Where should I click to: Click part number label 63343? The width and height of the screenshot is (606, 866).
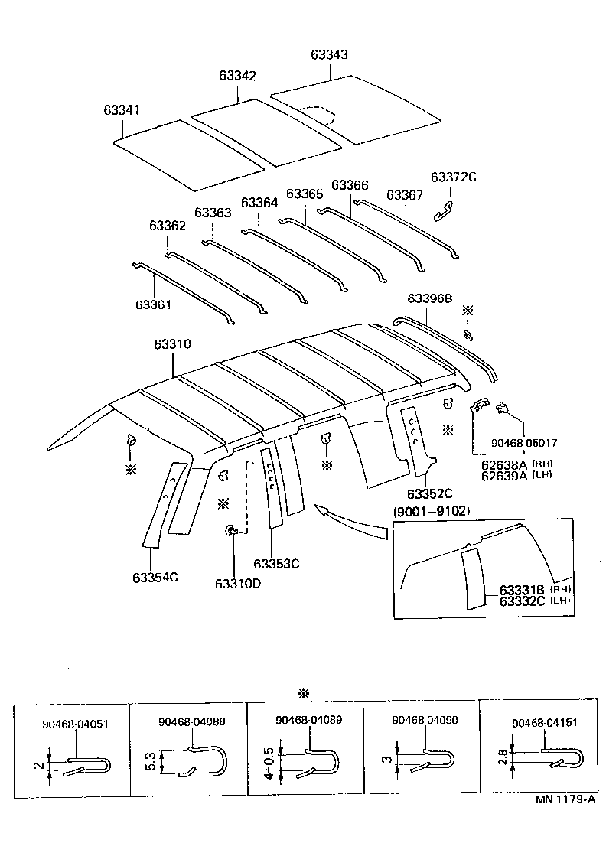point(329,55)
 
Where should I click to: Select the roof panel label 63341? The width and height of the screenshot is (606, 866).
point(122,110)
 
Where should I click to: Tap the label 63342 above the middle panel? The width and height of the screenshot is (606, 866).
point(237,76)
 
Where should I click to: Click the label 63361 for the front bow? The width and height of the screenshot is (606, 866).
point(154,304)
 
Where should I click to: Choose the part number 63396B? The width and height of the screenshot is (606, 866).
point(430,298)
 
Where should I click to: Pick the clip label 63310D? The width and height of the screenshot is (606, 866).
point(238,584)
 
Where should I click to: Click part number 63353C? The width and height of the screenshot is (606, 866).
point(276,564)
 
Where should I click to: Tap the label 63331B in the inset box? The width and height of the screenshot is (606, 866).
point(521,590)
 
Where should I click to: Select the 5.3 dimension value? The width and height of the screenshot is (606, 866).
point(151,761)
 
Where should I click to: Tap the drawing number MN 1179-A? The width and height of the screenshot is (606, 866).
point(565,799)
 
